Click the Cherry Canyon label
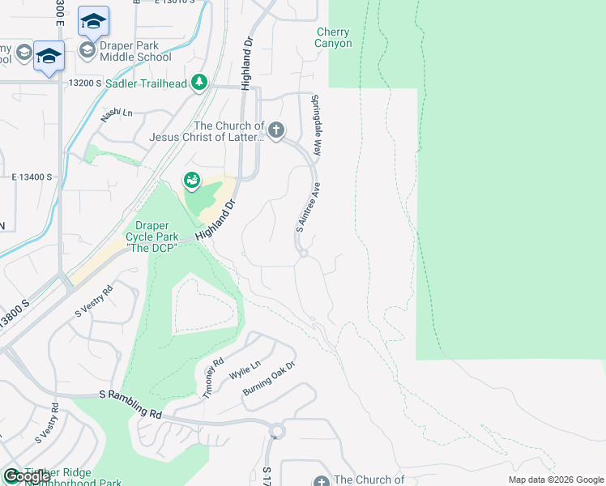click(x=334, y=38)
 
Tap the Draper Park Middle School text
click(x=135, y=51)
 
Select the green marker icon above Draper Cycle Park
click(x=191, y=180)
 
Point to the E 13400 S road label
click(x=32, y=177)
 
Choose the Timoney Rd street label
click(x=212, y=378)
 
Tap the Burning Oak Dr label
click(x=270, y=379)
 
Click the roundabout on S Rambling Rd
click(x=277, y=431)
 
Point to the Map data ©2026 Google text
click(x=555, y=480)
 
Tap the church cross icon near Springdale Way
click(x=276, y=130)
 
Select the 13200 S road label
click(x=85, y=83)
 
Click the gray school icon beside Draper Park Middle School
click(x=87, y=51)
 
